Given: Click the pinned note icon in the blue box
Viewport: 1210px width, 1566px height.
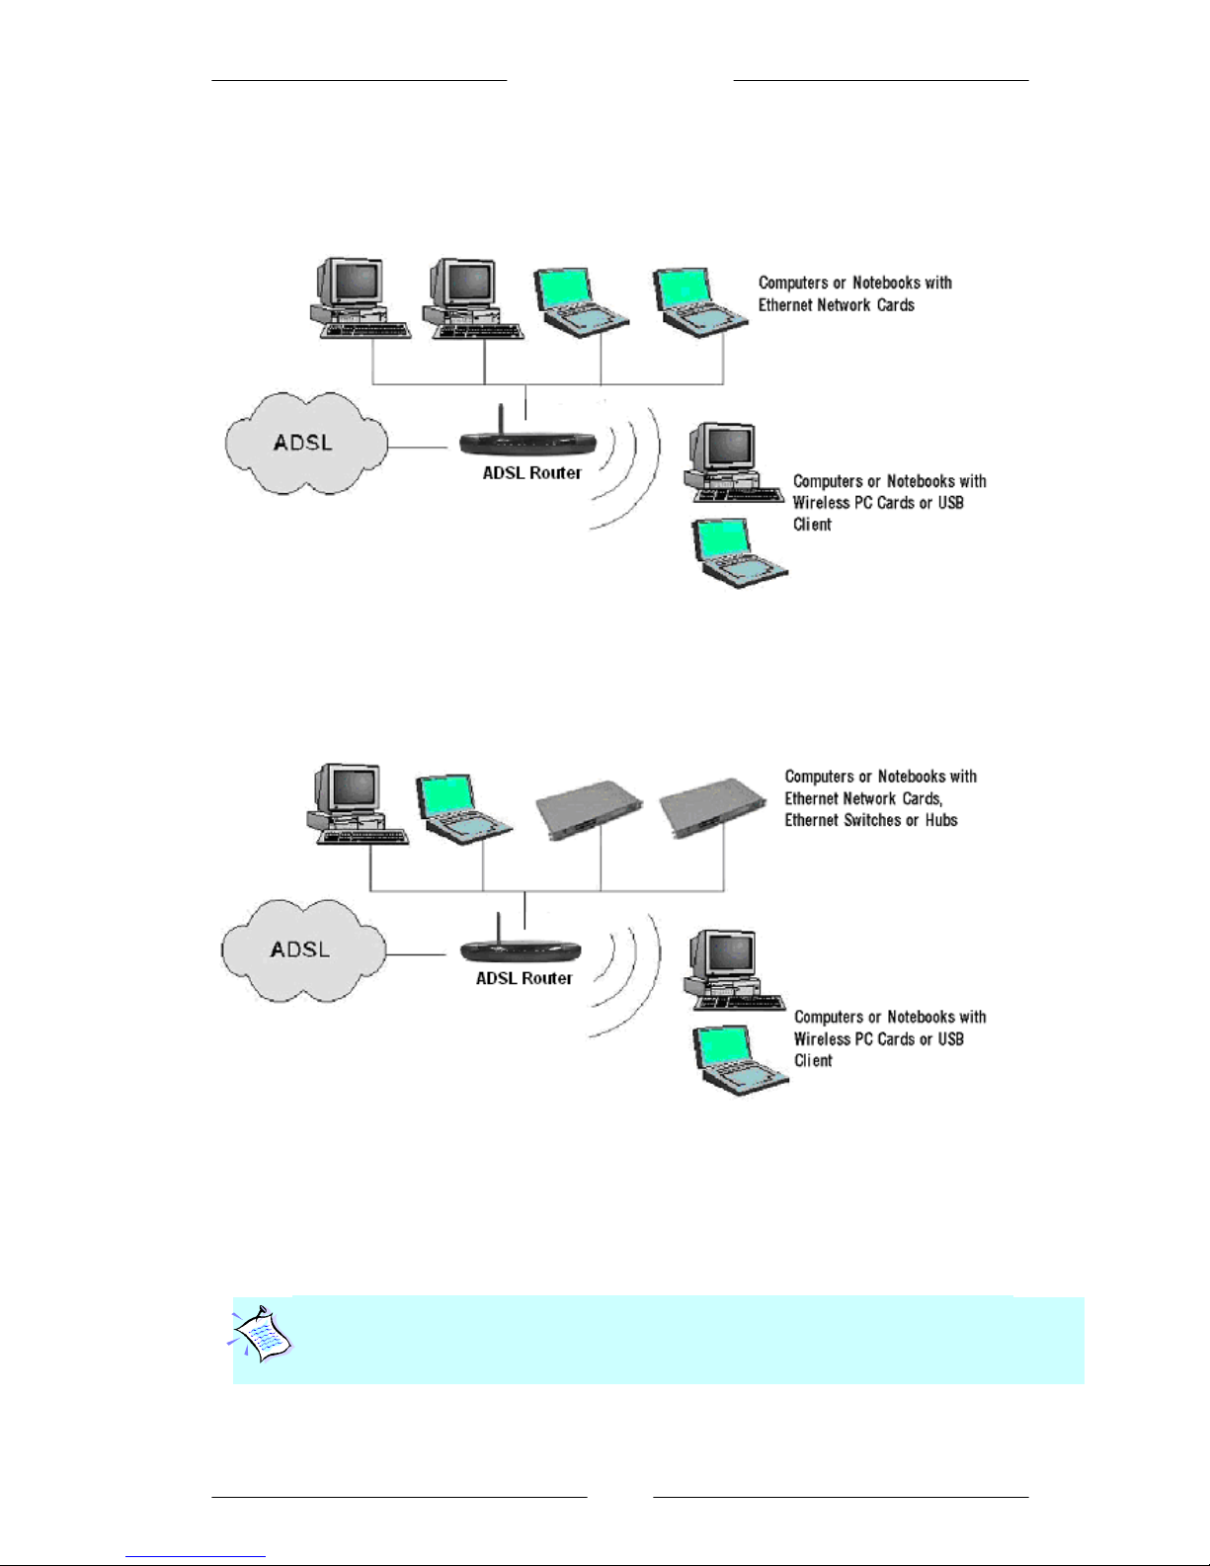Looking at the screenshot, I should coord(261,1335).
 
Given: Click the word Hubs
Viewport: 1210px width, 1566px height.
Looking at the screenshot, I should coord(941,820).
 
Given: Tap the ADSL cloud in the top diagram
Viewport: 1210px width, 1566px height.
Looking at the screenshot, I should coord(304,443).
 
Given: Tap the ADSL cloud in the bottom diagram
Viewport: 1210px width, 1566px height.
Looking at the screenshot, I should coord(301,949).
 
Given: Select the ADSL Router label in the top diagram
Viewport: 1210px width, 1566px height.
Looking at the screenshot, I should coord(531,473).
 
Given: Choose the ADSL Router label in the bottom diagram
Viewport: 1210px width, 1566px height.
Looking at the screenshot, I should coord(524,978).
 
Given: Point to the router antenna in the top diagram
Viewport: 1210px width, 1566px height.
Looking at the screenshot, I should coord(500,419).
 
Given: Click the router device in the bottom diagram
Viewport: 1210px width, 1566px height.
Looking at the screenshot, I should coord(521,951).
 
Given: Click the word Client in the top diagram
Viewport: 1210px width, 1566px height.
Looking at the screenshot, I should coord(812,525).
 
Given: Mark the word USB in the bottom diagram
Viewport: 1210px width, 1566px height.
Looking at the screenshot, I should coord(950,1039).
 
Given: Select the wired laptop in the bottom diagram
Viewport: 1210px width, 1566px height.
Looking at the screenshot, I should coord(460,808).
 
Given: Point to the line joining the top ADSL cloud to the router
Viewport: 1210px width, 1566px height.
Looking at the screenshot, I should coord(419,448).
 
